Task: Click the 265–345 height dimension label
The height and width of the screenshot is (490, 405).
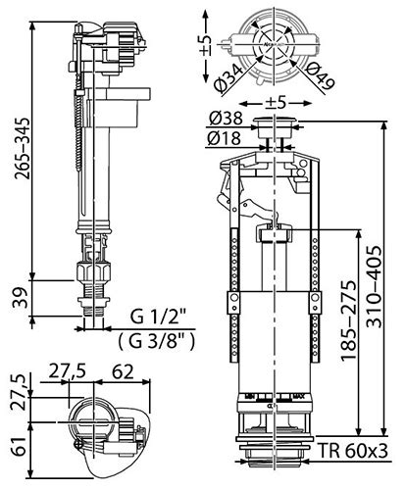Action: (24, 148)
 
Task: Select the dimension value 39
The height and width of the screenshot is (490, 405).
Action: (20, 298)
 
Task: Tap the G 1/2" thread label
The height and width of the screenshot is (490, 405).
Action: (158, 318)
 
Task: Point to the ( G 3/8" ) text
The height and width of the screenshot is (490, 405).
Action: (157, 341)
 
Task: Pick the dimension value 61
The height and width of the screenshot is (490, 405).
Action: (20, 446)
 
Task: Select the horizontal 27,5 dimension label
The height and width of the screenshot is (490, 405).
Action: (68, 371)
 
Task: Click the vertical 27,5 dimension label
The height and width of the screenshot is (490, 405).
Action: (19, 393)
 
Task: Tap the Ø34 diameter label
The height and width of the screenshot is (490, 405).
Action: (229, 78)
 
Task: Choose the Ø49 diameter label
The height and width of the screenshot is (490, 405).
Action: (320, 77)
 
